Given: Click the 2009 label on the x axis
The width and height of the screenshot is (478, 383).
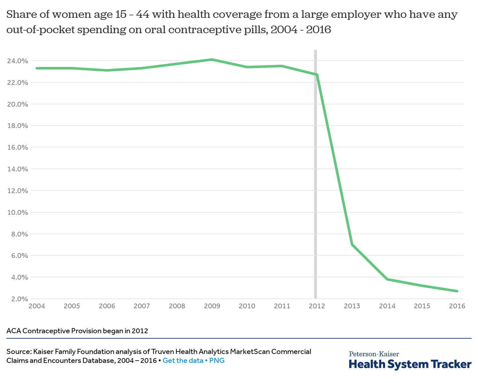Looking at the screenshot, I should (x=212, y=306).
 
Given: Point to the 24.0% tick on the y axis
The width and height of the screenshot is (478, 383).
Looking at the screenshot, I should (x=18, y=61).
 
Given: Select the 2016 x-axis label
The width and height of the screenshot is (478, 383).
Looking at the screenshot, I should (x=457, y=306).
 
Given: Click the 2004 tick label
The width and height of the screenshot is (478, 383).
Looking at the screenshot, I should (x=37, y=306).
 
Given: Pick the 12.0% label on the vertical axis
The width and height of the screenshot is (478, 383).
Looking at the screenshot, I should (x=18, y=191).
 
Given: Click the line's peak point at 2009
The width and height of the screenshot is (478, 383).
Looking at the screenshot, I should (x=212, y=60).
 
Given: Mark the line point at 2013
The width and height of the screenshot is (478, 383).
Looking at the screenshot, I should (x=352, y=244).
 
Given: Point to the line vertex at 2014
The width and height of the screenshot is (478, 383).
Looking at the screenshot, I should (x=387, y=279).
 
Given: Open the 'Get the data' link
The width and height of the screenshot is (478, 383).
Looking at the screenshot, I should (x=183, y=361).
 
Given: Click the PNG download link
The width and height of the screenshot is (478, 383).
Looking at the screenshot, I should (x=217, y=361).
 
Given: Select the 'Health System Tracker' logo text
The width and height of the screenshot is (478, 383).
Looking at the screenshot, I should (x=410, y=364).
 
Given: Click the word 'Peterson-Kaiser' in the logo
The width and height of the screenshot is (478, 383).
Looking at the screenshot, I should (x=374, y=354).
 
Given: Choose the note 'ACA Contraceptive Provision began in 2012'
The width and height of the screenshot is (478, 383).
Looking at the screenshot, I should (x=77, y=331).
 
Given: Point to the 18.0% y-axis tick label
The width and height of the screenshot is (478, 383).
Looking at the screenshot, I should (x=18, y=126).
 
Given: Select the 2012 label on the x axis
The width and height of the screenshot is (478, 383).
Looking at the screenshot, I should (x=317, y=306).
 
